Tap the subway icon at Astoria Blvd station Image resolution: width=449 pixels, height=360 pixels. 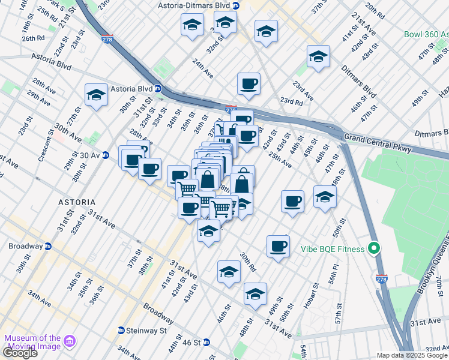[158, 89]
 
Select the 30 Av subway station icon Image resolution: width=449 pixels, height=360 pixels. [106, 155]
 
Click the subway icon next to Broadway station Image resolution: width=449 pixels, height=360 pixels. [48, 246]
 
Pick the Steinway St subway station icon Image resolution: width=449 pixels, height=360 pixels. [121, 331]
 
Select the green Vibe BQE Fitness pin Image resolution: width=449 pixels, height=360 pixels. [375, 247]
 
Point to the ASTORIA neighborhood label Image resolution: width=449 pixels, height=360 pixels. [77, 202]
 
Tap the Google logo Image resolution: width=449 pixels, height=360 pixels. [20, 352]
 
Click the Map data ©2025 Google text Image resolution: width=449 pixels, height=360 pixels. [412, 355]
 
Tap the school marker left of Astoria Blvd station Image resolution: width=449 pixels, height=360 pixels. [96, 95]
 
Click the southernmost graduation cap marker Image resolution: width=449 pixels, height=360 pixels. [256, 294]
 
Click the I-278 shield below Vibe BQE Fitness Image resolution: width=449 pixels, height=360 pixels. [382, 280]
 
